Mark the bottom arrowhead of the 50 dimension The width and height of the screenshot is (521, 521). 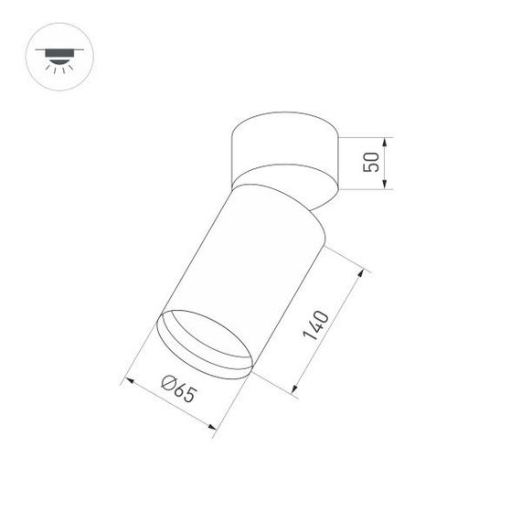388,188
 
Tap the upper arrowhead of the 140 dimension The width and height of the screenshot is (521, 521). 364,271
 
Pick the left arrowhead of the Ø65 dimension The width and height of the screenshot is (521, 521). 128,377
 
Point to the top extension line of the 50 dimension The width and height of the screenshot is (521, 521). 366,138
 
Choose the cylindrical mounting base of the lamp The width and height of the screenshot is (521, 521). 283,146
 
